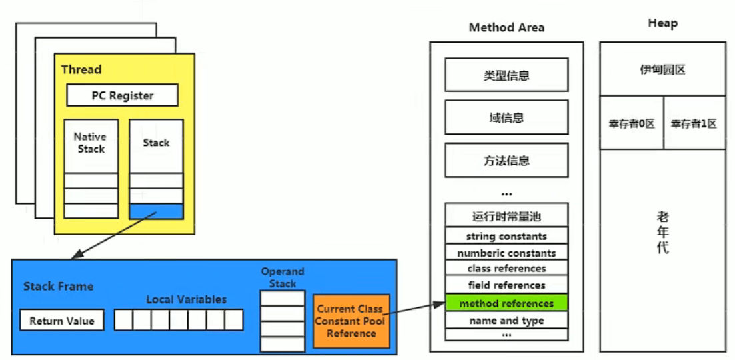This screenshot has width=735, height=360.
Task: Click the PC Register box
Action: (122, 95)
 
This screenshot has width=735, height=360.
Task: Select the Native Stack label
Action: (90, 143)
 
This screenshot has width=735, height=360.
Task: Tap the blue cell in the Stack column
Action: (156, 211)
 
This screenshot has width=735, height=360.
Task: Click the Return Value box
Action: (62, 321)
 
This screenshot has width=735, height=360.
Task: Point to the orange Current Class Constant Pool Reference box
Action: (351, 321)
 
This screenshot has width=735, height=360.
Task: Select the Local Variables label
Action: (186, 299)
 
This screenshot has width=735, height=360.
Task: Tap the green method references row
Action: (506, 303)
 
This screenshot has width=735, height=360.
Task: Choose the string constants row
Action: (506, 236)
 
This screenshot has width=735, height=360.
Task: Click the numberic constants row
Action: (506, 253)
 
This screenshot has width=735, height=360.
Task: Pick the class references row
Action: (506, 268)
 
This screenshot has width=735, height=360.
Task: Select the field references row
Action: (506, 285)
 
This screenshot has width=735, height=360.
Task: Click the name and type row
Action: (506, 320)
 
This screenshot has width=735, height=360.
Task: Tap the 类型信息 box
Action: (506, 75)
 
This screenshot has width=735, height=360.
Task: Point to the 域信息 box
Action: (506, 117)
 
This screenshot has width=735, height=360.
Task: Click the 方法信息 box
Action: (506, 160)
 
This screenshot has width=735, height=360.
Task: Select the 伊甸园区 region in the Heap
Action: (662, 69)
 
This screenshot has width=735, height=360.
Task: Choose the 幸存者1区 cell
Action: (694, 123)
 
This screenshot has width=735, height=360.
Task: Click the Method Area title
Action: (506, 27)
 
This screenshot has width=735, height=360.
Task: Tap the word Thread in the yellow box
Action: (81, 69)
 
